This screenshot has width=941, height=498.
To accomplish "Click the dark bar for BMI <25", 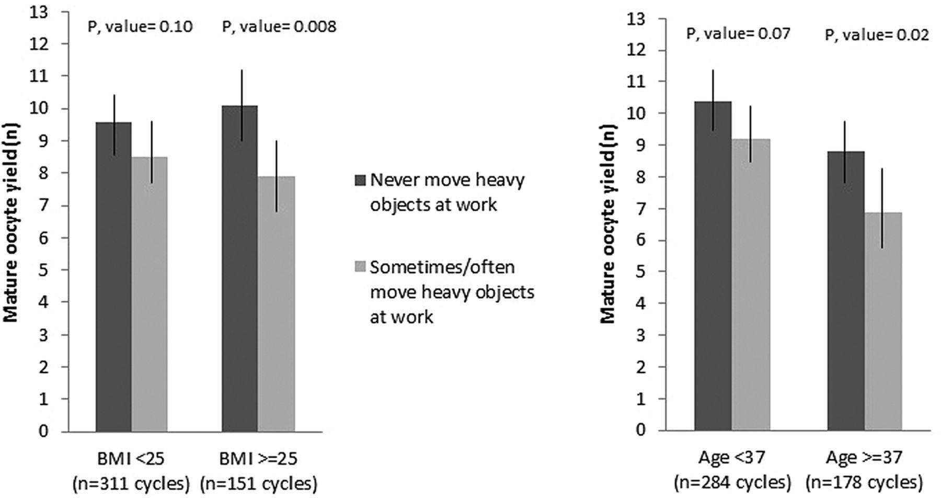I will (113, 277).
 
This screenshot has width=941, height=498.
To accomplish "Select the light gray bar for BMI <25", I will (150, 294).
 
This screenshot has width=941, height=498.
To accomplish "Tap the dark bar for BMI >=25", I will (239, 269).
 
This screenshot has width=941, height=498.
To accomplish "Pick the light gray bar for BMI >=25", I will (276, 304).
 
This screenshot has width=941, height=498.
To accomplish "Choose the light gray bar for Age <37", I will (751, 285).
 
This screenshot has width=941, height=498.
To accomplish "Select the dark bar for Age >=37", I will (846, 291).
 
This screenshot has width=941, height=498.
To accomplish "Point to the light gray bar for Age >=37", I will (883, 321).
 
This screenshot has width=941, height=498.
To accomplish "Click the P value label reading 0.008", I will (279, 27).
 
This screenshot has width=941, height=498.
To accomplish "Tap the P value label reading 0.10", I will (140, 27).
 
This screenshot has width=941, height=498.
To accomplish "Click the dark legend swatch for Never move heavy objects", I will (360, 180).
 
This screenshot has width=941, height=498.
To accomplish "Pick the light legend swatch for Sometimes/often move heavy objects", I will (360, 267).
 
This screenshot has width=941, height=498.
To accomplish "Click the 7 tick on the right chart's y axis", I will (641, 209).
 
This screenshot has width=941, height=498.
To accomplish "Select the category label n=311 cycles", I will (131, 483).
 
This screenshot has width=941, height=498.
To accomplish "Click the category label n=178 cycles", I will (865, 481).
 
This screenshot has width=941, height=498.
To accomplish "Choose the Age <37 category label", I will (732, 458).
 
